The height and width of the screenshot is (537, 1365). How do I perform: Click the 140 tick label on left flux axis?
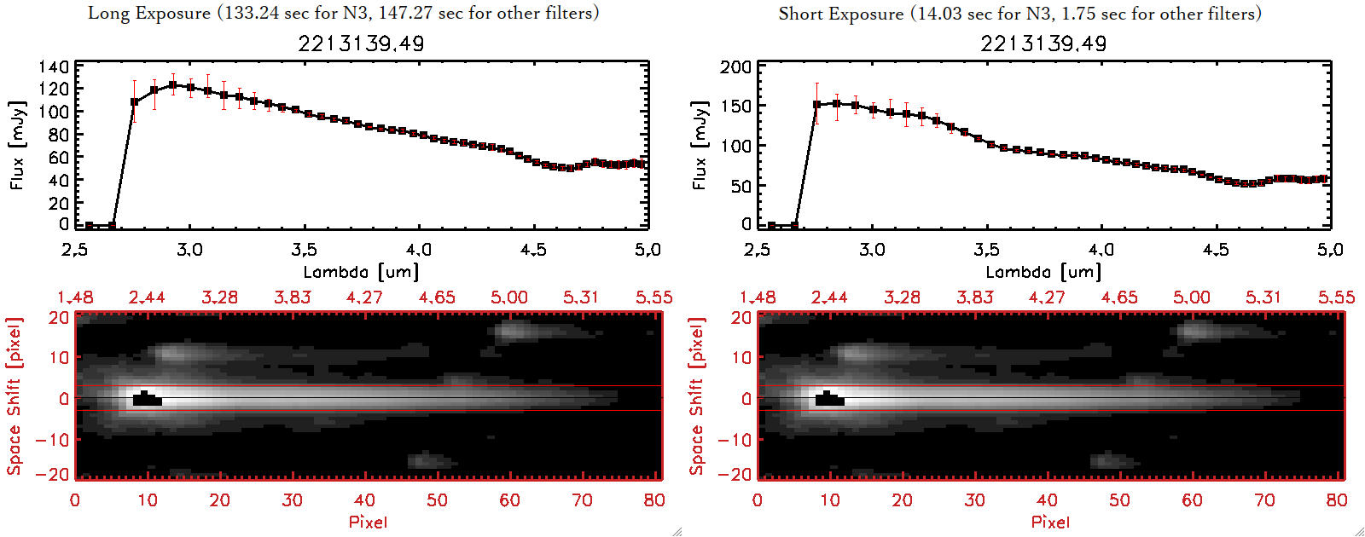coord(53,66)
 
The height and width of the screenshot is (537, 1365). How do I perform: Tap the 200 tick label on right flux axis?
coord(735,66)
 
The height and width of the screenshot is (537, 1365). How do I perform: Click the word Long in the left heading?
coord(106,13)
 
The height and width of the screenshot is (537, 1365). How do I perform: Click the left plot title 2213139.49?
coord(361,43)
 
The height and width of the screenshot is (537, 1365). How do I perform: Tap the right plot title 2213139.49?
coord(1043,43)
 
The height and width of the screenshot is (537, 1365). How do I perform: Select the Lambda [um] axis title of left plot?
coord(361,272)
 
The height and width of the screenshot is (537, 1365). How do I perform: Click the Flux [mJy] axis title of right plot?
coord(700,145)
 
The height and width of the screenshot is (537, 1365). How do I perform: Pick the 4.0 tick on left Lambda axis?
coord(418,250)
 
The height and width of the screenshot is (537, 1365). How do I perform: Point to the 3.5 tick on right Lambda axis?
coord(986,250)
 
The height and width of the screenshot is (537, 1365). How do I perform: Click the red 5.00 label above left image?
coord(508,297)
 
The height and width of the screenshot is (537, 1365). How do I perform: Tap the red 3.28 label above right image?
coord(902,297)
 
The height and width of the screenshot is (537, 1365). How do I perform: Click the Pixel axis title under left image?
coord(368,522)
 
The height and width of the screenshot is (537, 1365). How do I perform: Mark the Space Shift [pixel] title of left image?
coord(15,396)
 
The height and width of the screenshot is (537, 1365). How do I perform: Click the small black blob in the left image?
coord(147,399)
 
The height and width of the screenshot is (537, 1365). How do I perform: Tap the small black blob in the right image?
coord(829,399)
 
